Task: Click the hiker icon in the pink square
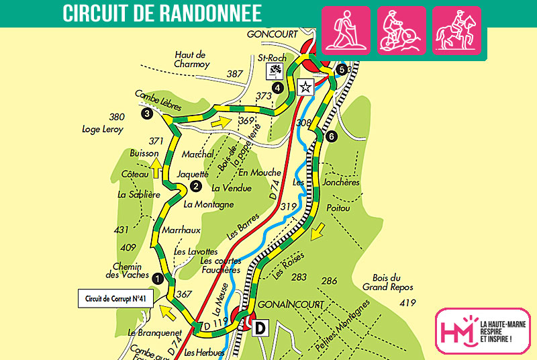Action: (x=346, y=30)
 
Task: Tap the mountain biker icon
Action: (x=401, y=30)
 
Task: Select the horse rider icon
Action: (x=456, y=30)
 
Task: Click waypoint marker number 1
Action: (x=157, y=277)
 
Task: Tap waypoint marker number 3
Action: (x=147, y=114)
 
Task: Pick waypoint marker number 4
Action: (x=277, y=87)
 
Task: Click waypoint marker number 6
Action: (x=331, y=137)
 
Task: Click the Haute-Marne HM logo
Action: (x=482, y=330)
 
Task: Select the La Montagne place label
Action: (x=209, y=204)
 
